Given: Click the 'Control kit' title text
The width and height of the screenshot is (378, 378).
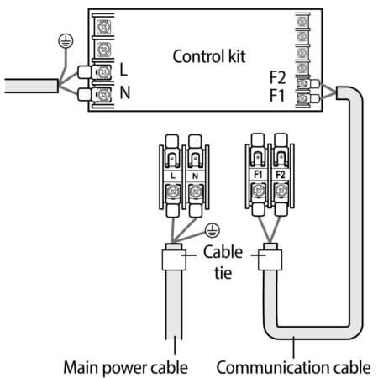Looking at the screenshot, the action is tap(209, 56).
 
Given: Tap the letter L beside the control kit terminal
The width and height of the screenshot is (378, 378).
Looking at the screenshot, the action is tap(123, 70).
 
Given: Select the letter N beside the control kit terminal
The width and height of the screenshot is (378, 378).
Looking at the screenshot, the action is tap(125, 92).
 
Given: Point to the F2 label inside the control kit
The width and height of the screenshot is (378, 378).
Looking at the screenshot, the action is tap(277, 77).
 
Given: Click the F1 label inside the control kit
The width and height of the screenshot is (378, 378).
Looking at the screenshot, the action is tap(276, 96).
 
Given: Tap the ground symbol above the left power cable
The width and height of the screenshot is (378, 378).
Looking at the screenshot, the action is tap(66, 41).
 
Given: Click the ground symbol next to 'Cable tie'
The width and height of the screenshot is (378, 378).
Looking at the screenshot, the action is tap(213, 230).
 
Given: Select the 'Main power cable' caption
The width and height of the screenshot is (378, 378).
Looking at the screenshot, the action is tap(125, 368).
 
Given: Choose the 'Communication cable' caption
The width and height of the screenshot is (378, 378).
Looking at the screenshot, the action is tap(293, 367).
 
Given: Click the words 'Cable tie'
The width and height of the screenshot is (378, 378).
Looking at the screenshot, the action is tap(223, 262).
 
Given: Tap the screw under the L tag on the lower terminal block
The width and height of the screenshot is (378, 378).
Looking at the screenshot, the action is tap(173, 192).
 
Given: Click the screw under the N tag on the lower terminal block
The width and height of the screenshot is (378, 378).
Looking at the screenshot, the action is tap(195, 192).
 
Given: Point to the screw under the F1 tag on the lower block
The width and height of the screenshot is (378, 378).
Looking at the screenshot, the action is tap(258, 191).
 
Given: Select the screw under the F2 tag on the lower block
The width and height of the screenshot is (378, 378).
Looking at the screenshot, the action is tap(281, 191).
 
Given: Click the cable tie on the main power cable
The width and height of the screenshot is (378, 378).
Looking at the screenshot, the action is tap(174, 260).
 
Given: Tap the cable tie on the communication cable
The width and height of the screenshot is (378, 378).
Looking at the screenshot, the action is tap(270, 260).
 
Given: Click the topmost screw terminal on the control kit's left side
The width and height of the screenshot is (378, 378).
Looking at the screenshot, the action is tap(103, 27).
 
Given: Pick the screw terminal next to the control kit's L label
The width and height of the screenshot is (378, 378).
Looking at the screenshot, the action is tap(103, 72).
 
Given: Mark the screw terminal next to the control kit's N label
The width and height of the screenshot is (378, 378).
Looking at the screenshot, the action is tap(103, 95).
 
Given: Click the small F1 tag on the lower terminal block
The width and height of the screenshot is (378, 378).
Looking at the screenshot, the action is tap(258, 175).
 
